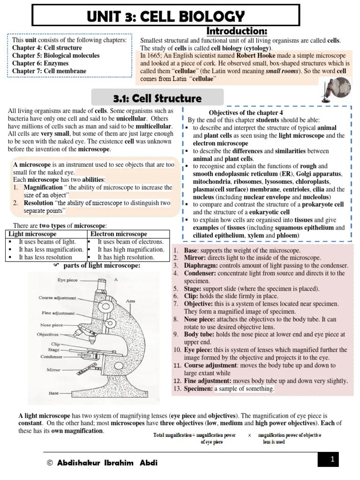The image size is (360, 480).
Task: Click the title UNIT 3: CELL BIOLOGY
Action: [165, 16]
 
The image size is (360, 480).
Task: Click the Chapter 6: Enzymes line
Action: [40, 63]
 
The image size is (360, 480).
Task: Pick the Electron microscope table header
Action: [119, 234]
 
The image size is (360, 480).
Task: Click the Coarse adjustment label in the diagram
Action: [56, 298]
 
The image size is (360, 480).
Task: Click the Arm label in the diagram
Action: [131, 300]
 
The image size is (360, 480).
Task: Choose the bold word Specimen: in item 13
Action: [199, 389]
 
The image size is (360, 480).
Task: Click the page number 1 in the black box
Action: [332, 460]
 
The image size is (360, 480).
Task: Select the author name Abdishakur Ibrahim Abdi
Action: [107, 463]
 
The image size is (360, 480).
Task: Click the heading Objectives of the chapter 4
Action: [246, 112]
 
